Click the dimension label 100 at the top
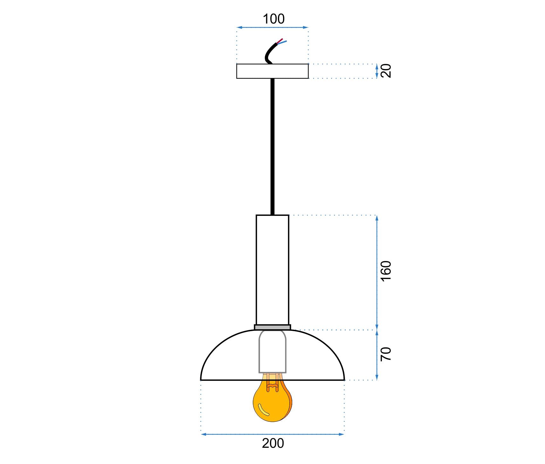tap(273, 19)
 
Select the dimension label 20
tap(386, 71)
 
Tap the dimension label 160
tap(386, 271)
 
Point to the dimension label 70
tap(386, 354)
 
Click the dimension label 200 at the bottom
tap(273, 443)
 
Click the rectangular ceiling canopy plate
tap(272, 71)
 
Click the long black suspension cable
tap(272, 146)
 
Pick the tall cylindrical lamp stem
tap(272, 270)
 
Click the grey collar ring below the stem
tap(272, 327)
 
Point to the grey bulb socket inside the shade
tap(272, 351)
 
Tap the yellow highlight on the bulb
tap(263, 410)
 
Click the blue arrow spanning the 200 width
tap(273, 434)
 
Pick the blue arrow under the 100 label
tap(272, 28)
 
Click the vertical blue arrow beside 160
tap(377, 273)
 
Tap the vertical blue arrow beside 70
tap(377, 355)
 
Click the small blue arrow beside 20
tap(377, 71)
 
